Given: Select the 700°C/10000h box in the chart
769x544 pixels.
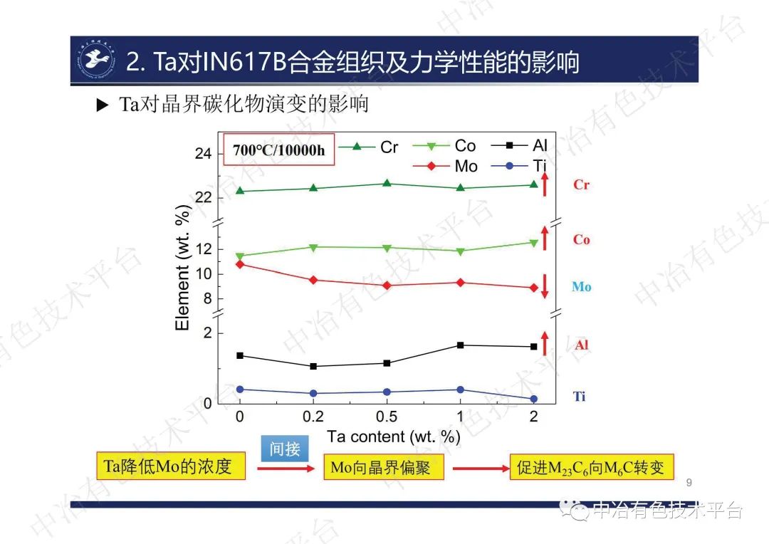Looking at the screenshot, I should pyautogui.click(x=279, y=150).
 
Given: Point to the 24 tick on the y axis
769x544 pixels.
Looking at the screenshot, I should pyautogui.click(x=203, y=154).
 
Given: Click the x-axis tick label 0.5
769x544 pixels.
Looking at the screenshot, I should pyautogui.click(x=387, y=417).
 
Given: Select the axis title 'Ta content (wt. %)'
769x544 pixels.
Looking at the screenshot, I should pyautogui.click(x=394, y=436).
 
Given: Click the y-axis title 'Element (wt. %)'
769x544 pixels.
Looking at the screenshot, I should pyautogui.click(x=183, y=268).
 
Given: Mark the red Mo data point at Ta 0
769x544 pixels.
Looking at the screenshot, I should pyautogui.click(x=240, y=264).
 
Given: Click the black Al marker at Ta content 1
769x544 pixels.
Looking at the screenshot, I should pyautogui.click(x=460, y=345).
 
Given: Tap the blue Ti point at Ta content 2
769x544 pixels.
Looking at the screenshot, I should pyautogui.click(x=533, y=399).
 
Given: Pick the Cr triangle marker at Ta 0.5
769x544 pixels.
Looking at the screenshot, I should pyautogui.click(x=387, y=183).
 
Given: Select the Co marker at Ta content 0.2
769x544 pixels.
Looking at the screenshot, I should pyautogui.click(x=313, y=247).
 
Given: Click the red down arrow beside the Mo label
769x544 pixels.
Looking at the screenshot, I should pyautogui.click(x=545, y=286).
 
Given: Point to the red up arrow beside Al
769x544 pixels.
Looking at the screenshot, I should pyautogui.click(x=545, y=343).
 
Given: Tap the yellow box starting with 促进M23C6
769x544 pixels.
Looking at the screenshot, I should pyautogui.click(x=591, y=467).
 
